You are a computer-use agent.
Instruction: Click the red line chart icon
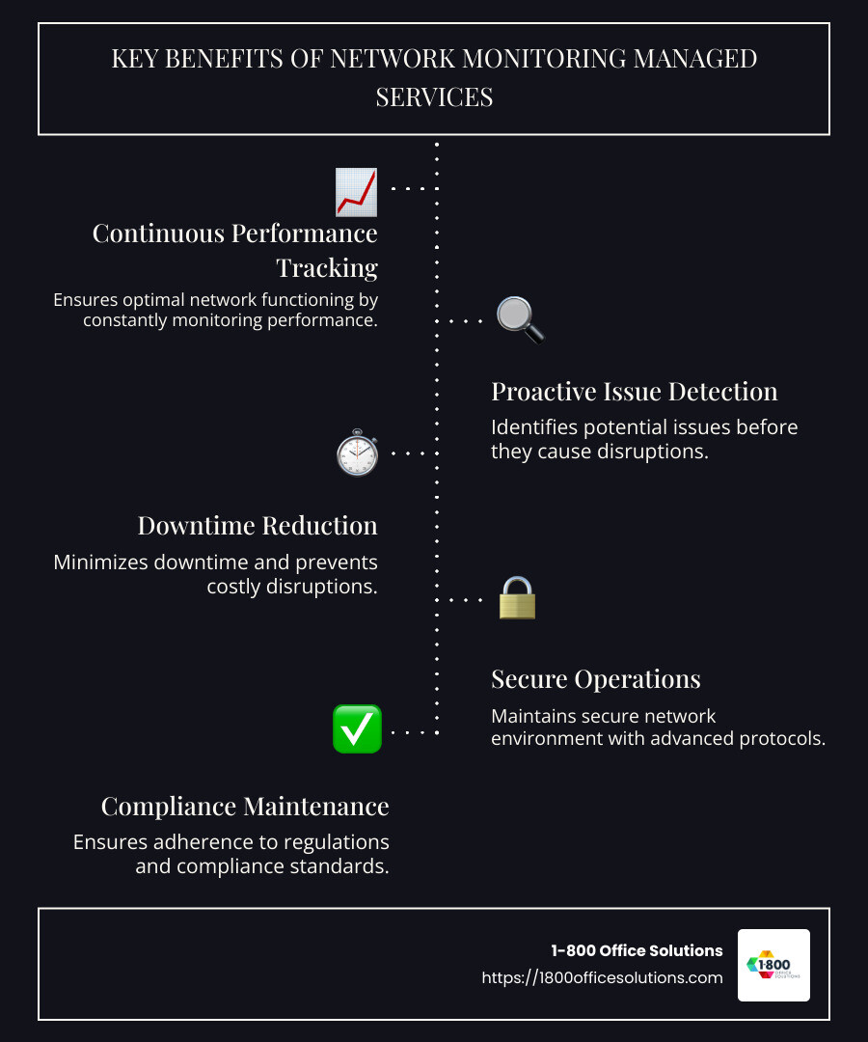tap(356, 190)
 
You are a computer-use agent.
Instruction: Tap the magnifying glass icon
tap(520, 319)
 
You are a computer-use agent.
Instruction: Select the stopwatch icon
tap(357, 452)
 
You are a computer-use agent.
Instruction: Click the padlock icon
tap(517, 598)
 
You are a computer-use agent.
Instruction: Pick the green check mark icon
tap(357, 729)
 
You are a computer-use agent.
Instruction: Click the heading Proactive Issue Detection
tap(634, 392)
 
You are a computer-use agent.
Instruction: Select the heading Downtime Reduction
tap(258, 526)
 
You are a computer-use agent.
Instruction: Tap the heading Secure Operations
tap(595, 679)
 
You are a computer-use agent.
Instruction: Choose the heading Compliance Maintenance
tap(245, 807)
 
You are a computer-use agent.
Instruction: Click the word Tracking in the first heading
tap(327, 267)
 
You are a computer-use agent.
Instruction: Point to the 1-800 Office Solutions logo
tap(773, 965)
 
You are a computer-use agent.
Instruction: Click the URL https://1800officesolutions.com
tap(602, 977)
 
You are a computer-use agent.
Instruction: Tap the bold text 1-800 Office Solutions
tap(637, 950)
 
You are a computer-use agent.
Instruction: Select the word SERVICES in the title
tap(434, 97)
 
